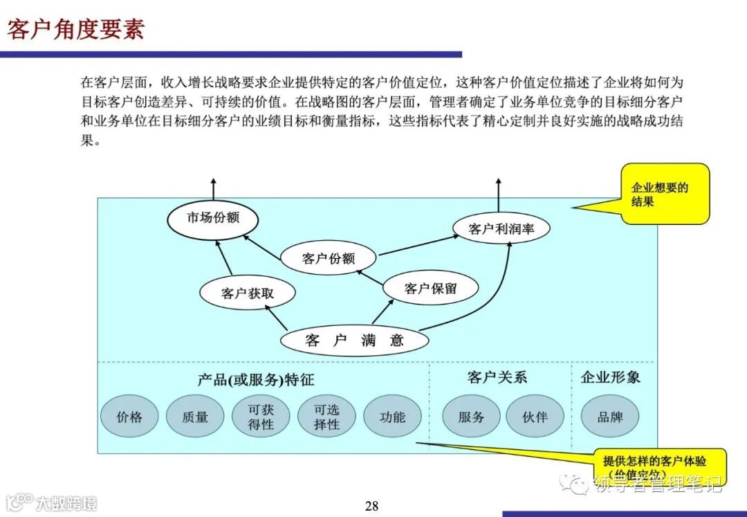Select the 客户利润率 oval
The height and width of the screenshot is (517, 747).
pyautogui.click(x=501, y=229)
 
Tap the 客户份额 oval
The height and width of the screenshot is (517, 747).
pyautogui.click(x=329, y=259)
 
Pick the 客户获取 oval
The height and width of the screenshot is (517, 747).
pyautogui.click(x=248, y=293)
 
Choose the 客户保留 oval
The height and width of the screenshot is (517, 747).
pyautogui.click(x=430, y=289)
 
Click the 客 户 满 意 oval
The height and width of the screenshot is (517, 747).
pyautogui.click(x=354, y=340)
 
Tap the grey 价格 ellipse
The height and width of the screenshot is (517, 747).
pyautogui.click(x=129, y=417)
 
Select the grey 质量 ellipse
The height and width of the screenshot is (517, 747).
pyautogui.click(x=195, y=417)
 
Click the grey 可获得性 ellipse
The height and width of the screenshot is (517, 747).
pyautogui.click(x=261, y=417)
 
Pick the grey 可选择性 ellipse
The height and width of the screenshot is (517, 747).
pyautogui.click(x=326, y=417)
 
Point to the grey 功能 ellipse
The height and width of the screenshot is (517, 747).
pyautogui.click(x=392, y=417)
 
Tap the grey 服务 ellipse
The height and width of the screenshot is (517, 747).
pyautogui.click(x=471, y=417)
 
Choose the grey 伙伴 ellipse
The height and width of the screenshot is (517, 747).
pyautogui.click(x=535, y=417)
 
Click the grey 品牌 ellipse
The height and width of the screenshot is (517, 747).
pyautogui.click(x=609, y=417)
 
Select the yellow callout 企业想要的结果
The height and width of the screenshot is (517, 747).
pyautogui.click(x=664, y=194)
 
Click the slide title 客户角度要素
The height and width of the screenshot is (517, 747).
pyautogui.click(x=75, y=30)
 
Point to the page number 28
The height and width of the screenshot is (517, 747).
pyautogui.click(x=372, y=506)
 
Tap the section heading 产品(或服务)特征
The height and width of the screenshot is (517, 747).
pyautogui.click(x=256, y=379)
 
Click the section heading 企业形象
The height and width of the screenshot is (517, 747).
pyautogui.click(x=610, y=377)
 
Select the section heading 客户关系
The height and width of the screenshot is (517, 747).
pyautogui.click(x=497, y=377)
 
